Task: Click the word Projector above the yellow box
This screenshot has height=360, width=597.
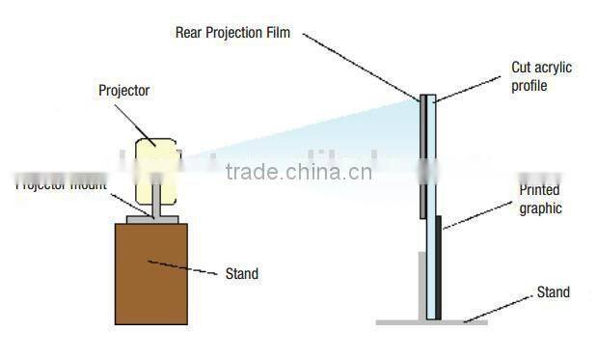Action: (x=124, y=91)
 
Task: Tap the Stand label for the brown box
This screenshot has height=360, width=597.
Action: (x=241, y=274)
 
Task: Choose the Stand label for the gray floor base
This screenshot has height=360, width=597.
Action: (x=553, y=292)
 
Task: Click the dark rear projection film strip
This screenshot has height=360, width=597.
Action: (x=422, y=154)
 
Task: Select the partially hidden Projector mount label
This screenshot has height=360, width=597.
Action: (x=60, y=184)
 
